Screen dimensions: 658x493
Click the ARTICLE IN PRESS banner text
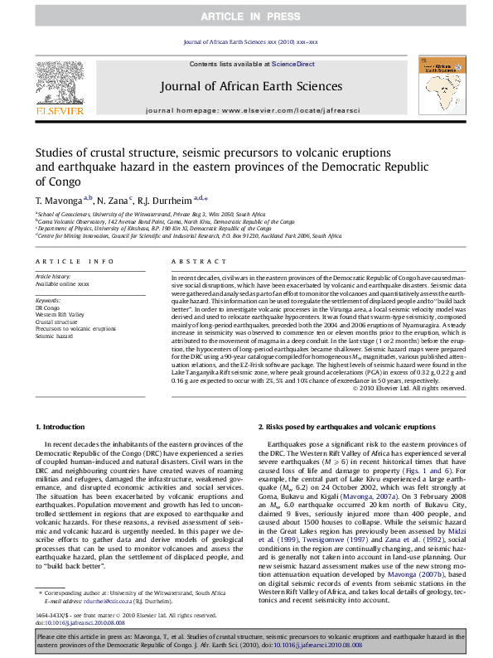pyautogui.click(x=246, y=16)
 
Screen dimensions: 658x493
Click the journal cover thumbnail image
pyautogui.click(x=441, y=83)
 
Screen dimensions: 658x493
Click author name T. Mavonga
pyautogui.click(x=58, y=201)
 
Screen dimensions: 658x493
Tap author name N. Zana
pyautogui.click(x=112, y=201)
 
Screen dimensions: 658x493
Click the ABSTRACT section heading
pyautogui.click(x=191, y=261)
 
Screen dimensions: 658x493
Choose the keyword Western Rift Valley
pyautogui.click(x=64, y=314)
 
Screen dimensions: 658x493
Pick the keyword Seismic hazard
pyautogui.click(x=55, y=336)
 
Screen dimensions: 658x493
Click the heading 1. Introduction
pyautogui.click(x=63, y=426)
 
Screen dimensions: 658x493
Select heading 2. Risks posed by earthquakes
pyautogui.click(x=346, y=426)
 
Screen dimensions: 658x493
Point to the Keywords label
pyautogui.click(x=48, y=299)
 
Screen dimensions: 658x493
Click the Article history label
pyautogui.click(x=53, y=274)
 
